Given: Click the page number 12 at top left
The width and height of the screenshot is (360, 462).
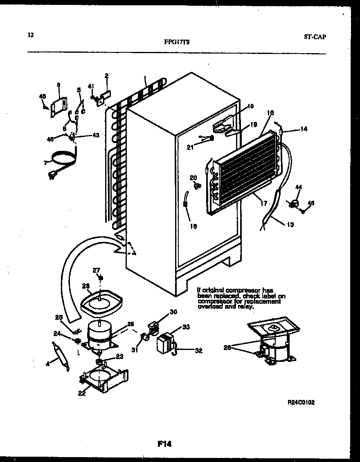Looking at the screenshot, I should (30, 35).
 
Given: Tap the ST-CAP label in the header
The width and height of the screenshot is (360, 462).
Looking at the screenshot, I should (315, 36).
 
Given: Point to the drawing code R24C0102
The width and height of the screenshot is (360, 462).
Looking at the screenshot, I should (301, 402).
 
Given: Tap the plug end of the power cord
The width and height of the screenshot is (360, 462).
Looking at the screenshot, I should (52, 176).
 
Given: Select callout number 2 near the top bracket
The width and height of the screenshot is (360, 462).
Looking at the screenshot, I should (106, 75).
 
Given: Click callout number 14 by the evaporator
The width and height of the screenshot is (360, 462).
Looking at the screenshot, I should (303, 129).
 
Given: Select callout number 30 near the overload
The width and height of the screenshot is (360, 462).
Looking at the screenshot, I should (173, 312).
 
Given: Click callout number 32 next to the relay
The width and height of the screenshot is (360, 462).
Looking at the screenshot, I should (198, 350).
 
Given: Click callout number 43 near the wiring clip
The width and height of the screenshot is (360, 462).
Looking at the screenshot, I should (95, 136).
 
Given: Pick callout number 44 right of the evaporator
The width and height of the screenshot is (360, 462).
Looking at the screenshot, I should (299, 187).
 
